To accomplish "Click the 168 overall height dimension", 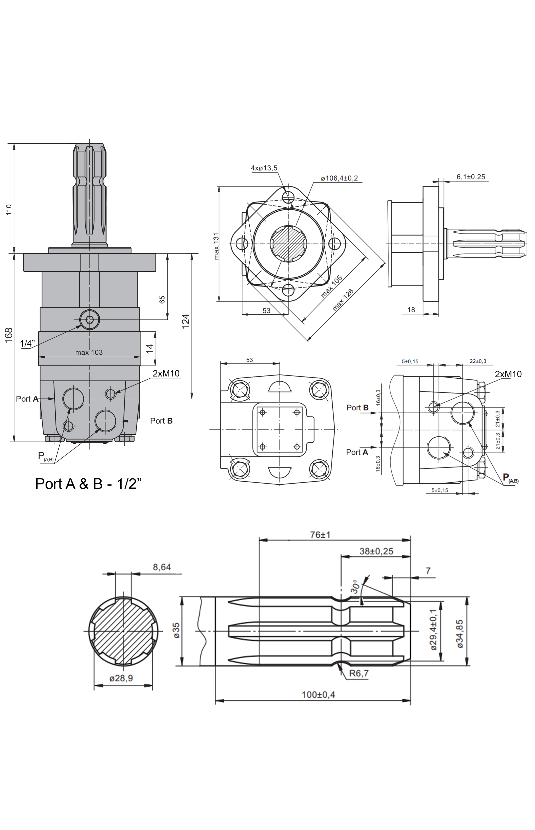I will tap(9, 335).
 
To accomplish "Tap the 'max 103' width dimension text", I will tap(89, 352).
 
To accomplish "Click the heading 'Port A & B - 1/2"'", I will tap(89, 484).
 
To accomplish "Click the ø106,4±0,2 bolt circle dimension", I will tap(339, 178).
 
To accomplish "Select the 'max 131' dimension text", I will tap(216, 246).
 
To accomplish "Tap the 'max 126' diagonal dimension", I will tap(343, 299).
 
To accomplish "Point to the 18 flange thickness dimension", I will tap(411, 309).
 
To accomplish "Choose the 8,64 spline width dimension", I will tap(162, 567).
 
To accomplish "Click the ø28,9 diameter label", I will tap(121, 678).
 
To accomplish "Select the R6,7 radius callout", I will tap(358, 673).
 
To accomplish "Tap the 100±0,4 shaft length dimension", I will tap(318, 694).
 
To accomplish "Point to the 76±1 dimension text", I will tap(320, 534).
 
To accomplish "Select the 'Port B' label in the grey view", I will tap(161, 421).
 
